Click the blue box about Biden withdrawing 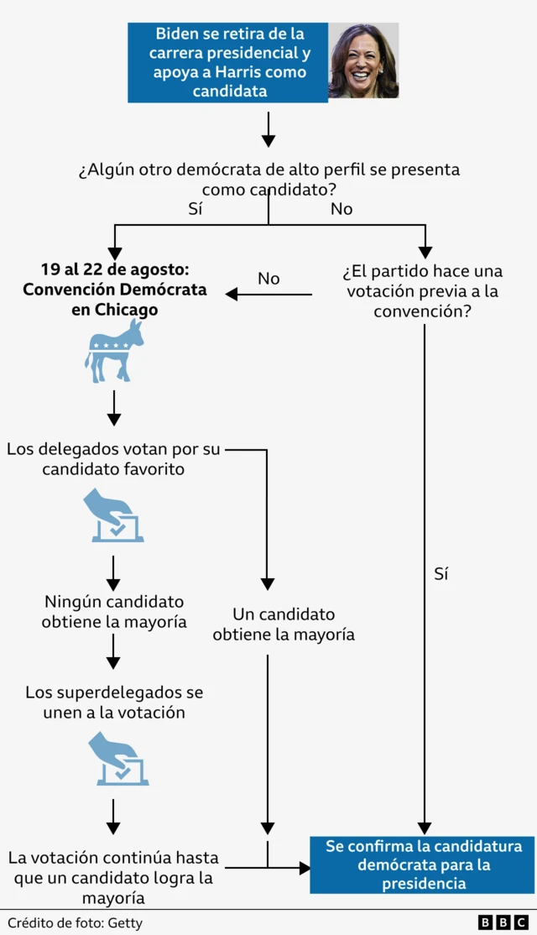click(227, 63)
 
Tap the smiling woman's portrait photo click(363, 61)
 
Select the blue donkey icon click(114, 351)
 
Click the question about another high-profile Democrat click(268, 180)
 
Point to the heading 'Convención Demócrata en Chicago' click(114, 290)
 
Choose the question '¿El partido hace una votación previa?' click(423, 291)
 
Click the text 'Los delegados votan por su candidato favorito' click(113, 459)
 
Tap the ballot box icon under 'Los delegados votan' click(113, 516)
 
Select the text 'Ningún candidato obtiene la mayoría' click(114, 612)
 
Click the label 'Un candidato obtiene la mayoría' click(284, 624)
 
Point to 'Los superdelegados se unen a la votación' click(114, 703)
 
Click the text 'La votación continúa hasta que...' click(113, 878)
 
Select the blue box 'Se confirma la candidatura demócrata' click(423, 864)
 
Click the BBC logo click(503, 922)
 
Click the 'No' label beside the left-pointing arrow click(268, 279)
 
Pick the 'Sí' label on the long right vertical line click(441, 574)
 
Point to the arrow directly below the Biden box click(268, 130)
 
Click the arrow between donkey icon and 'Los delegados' click(114, 409)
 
